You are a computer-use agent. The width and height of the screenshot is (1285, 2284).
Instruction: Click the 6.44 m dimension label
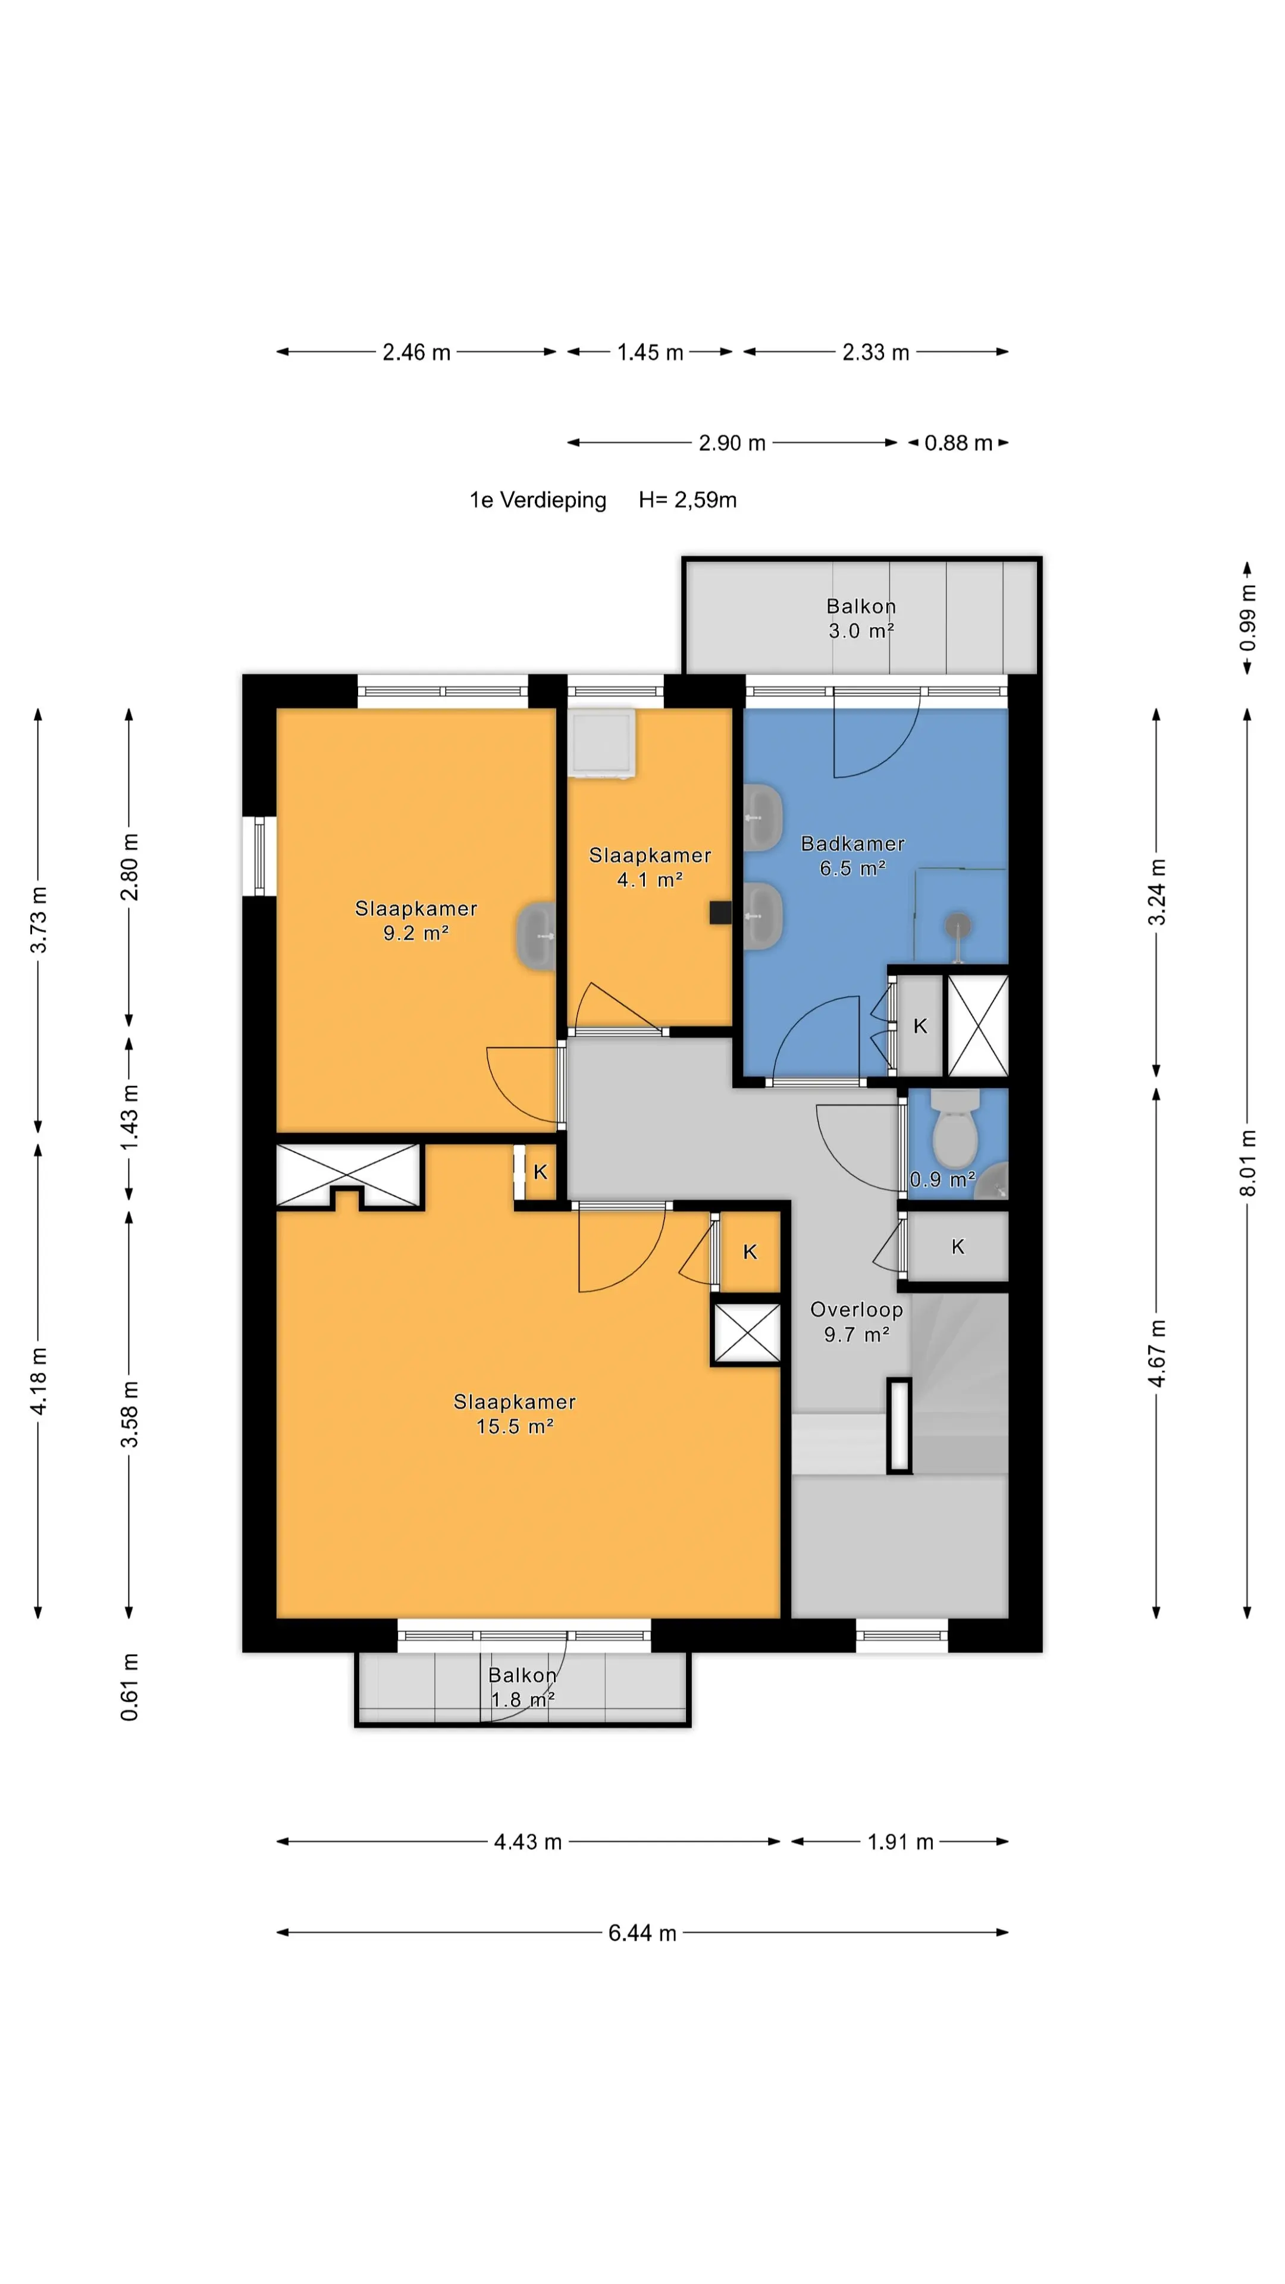[642, 1933]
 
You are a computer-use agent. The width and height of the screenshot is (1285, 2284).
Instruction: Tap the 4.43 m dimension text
[528, 1841]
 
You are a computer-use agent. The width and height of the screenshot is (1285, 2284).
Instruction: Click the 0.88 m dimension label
[958, 443]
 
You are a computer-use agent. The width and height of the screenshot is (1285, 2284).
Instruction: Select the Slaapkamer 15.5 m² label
[515, 1413]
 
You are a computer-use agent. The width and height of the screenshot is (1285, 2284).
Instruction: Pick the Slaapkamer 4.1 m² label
[650, 867]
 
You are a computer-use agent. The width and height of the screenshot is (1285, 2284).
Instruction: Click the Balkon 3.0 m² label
[861, 618]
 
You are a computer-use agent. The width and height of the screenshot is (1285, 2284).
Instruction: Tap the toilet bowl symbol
[955, 1131]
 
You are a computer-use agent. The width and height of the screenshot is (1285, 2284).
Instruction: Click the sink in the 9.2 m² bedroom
[535, 936]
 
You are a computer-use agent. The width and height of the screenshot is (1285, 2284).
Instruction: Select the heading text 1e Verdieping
[537, 500]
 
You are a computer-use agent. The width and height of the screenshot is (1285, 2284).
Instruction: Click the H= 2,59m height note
[687, 500]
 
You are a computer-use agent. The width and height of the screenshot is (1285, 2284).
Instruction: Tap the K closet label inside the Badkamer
[920, 1026]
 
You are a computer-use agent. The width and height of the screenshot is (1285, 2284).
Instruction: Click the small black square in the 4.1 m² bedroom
[720, 913]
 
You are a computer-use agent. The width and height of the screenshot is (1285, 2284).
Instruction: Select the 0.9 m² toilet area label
[942, 1179]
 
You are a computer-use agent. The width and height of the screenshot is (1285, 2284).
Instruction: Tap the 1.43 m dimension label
[130, 1117]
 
